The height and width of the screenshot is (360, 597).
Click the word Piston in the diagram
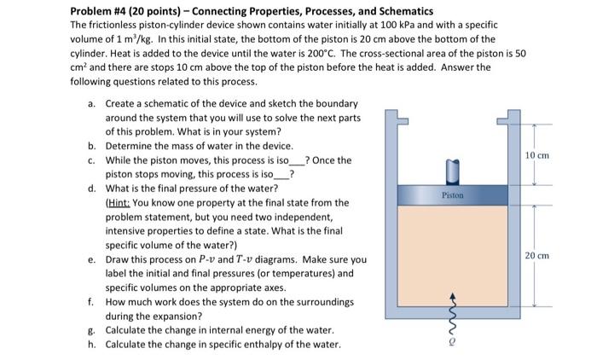tap(453, 195)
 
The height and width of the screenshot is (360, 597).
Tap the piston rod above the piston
tap(452, 171)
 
